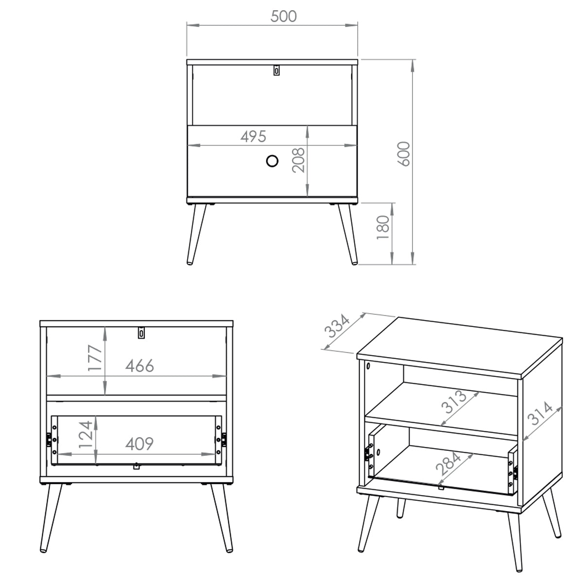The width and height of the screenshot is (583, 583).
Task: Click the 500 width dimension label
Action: click(283, 17)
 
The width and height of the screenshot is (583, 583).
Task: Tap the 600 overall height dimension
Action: click(404, 154)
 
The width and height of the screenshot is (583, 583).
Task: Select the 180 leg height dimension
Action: click(383, 227)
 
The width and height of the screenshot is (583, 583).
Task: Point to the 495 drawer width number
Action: click(254, 137)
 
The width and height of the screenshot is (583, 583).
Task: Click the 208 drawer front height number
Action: click(298, 160)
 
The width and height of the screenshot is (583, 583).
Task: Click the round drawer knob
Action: click(272, 161)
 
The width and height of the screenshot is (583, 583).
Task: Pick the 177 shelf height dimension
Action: click(95, 358)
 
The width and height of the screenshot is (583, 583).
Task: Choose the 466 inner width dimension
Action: click(140, 366)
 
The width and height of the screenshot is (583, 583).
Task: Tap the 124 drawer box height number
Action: click(86, 434)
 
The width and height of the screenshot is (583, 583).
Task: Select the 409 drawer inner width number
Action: click(139, 444)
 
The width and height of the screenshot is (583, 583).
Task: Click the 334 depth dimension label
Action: click(337, 326)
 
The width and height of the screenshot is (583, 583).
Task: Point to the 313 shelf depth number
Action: click(454, 402)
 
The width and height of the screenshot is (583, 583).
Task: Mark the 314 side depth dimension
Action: click(540, 413)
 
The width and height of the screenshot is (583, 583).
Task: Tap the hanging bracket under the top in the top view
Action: click(276, 70)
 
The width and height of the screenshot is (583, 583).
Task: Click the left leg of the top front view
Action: click(196, 234)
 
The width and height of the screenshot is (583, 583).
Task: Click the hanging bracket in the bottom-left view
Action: click(141, 332)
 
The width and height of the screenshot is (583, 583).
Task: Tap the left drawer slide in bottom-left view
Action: click(49, 440)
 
